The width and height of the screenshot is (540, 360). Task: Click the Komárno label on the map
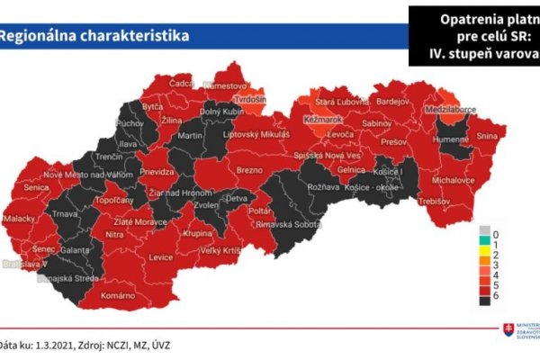click(118, 296)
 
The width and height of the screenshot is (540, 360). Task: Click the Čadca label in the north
click(183, 83)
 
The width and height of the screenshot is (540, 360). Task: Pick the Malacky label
click(19, 218)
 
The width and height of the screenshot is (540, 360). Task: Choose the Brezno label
click(248, 168)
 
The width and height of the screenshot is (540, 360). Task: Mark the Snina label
click(487, 136)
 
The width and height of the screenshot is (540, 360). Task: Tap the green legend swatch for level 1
click(484, 243)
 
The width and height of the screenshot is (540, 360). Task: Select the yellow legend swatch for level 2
click(484, 255)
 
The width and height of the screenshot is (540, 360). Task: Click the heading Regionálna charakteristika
click(94, 36)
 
